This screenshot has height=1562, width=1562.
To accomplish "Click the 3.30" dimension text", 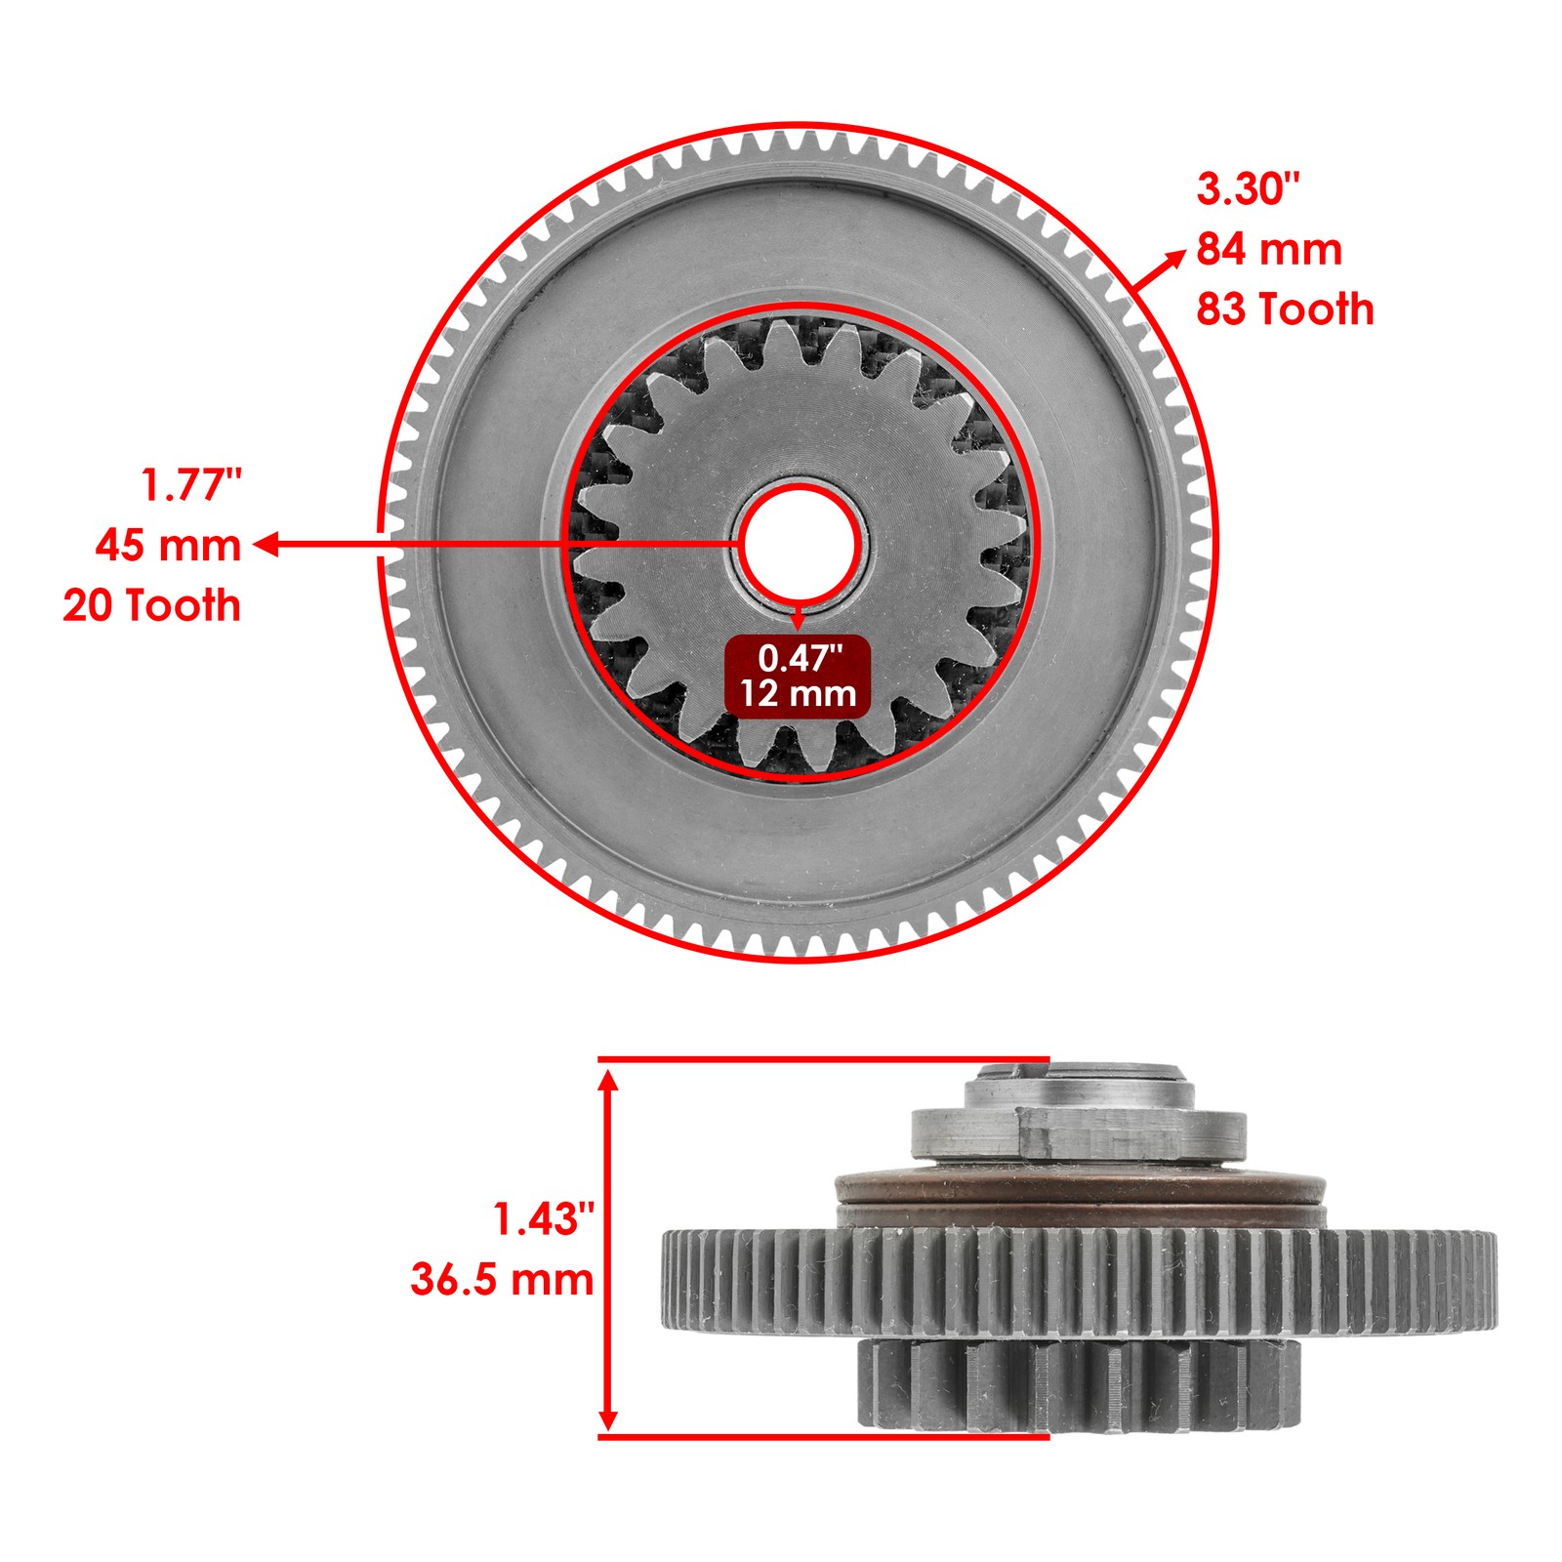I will click(x=1249, y=189).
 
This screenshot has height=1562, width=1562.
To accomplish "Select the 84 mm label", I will click(x=1269, y=250).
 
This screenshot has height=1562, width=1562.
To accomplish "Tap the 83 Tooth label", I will click(x=1285, y=309).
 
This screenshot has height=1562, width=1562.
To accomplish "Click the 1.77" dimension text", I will click(x=191, y=485).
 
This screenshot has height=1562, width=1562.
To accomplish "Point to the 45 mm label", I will click(x=168, y=545).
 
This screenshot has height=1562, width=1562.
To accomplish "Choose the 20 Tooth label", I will click(x=151, y=605).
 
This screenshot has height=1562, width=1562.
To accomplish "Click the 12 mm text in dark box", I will click(x=798, y=694).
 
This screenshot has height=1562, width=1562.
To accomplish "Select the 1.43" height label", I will click(x=543, y=1220).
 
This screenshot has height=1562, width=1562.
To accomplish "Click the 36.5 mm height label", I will click(x=502, y=1280).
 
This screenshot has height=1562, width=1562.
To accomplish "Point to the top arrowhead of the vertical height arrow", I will click(x=608, y=1080).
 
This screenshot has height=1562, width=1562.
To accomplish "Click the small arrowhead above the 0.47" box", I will click(x=799, y=621).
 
